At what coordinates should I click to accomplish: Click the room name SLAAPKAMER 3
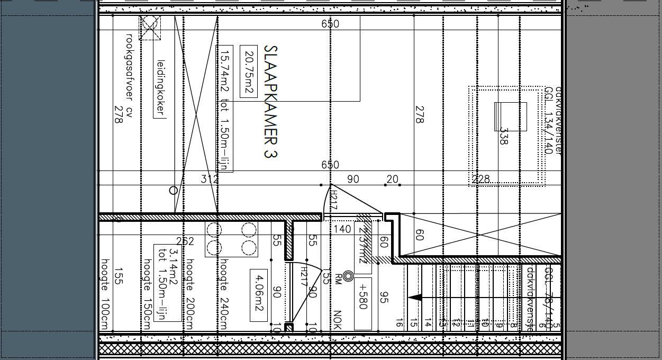(x=270, y=101)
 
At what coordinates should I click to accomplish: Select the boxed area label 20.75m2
(x=249, y=71)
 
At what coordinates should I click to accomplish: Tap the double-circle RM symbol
(x=348, y=276)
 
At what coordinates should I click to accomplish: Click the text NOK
(x=337, y=320)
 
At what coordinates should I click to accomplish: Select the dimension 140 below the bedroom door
(x=343, y=229)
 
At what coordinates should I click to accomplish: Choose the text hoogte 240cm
(x=223, y=294)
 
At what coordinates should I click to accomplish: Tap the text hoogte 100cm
(x=105, y=294)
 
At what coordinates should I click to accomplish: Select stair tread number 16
(x=399, y=323)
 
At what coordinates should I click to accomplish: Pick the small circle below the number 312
(x=173, y=191)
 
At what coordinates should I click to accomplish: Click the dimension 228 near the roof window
(x=480, y=179)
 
